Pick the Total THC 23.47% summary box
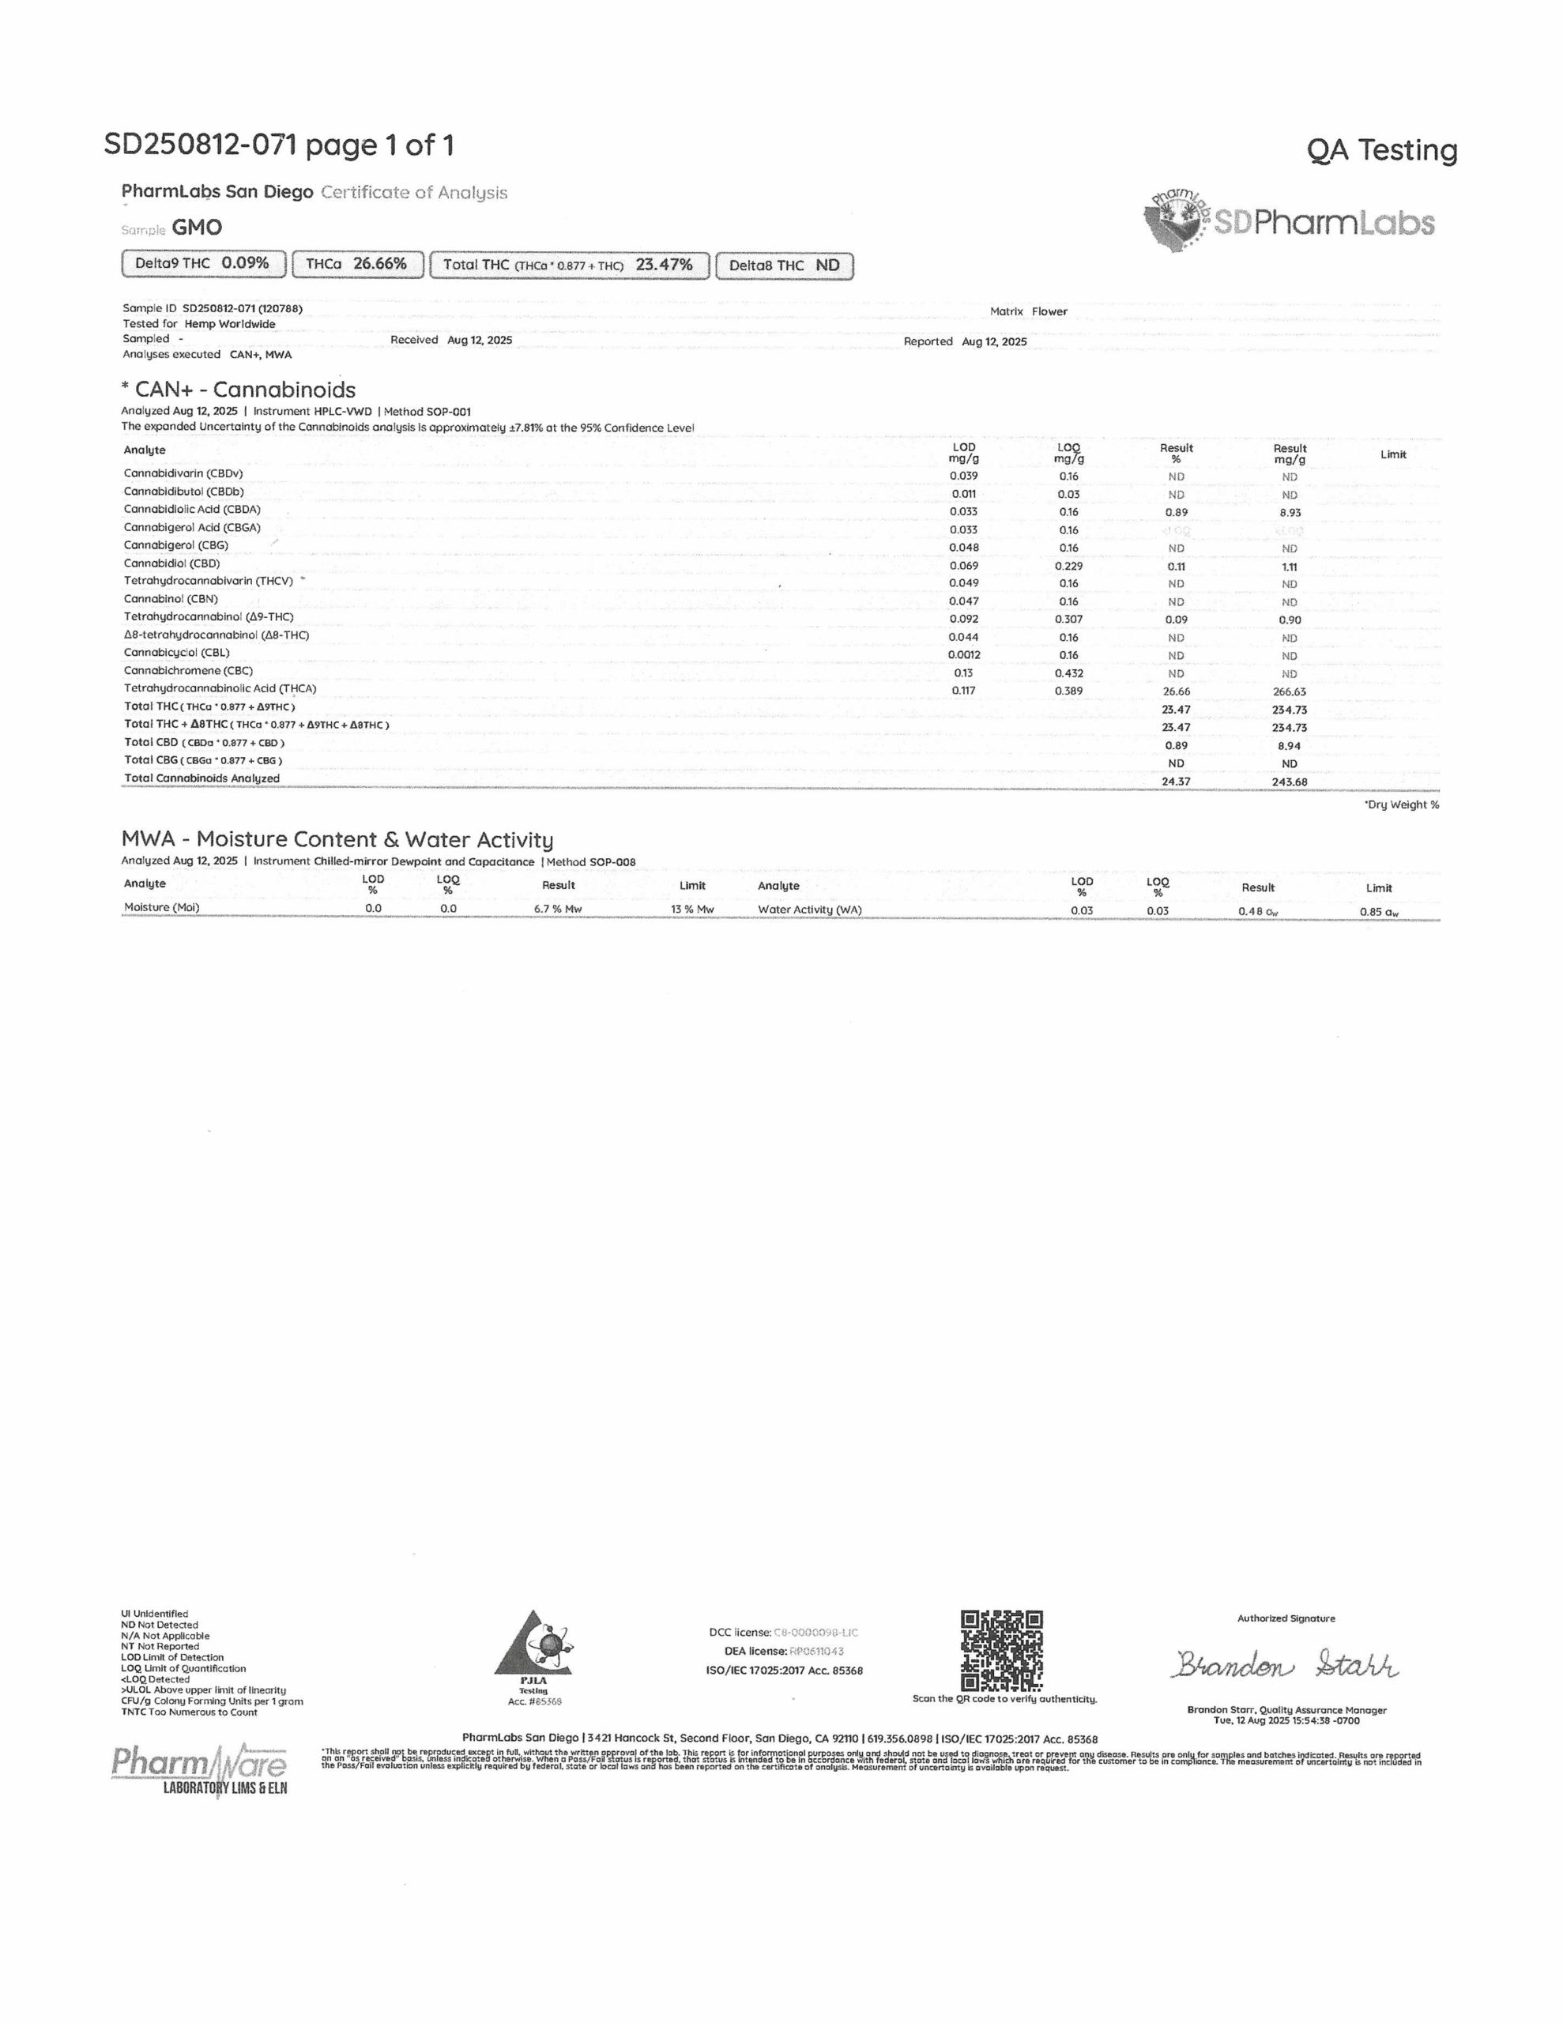[569, 265]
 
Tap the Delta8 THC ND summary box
[784, 266]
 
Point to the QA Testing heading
[1381, 150]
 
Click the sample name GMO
[197, 228]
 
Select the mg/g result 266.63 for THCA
[1289, 692]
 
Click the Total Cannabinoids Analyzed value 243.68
[1289, 782]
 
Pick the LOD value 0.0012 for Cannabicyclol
[963, 655]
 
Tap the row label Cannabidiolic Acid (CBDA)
[193, 510]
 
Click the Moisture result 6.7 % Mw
[558, 909]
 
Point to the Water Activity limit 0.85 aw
[1379, 911]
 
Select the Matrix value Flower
[1049, 312]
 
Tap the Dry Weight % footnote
[1401, 805]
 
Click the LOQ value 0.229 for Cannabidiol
[1068, 566]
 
